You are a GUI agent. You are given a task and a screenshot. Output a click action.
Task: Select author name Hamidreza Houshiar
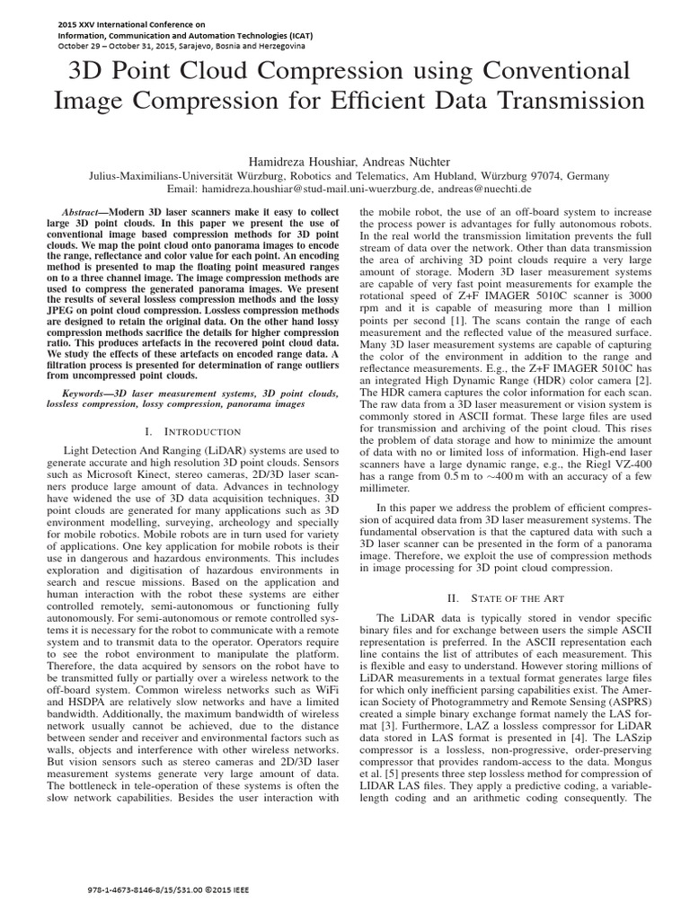click(x=289, y=160)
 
